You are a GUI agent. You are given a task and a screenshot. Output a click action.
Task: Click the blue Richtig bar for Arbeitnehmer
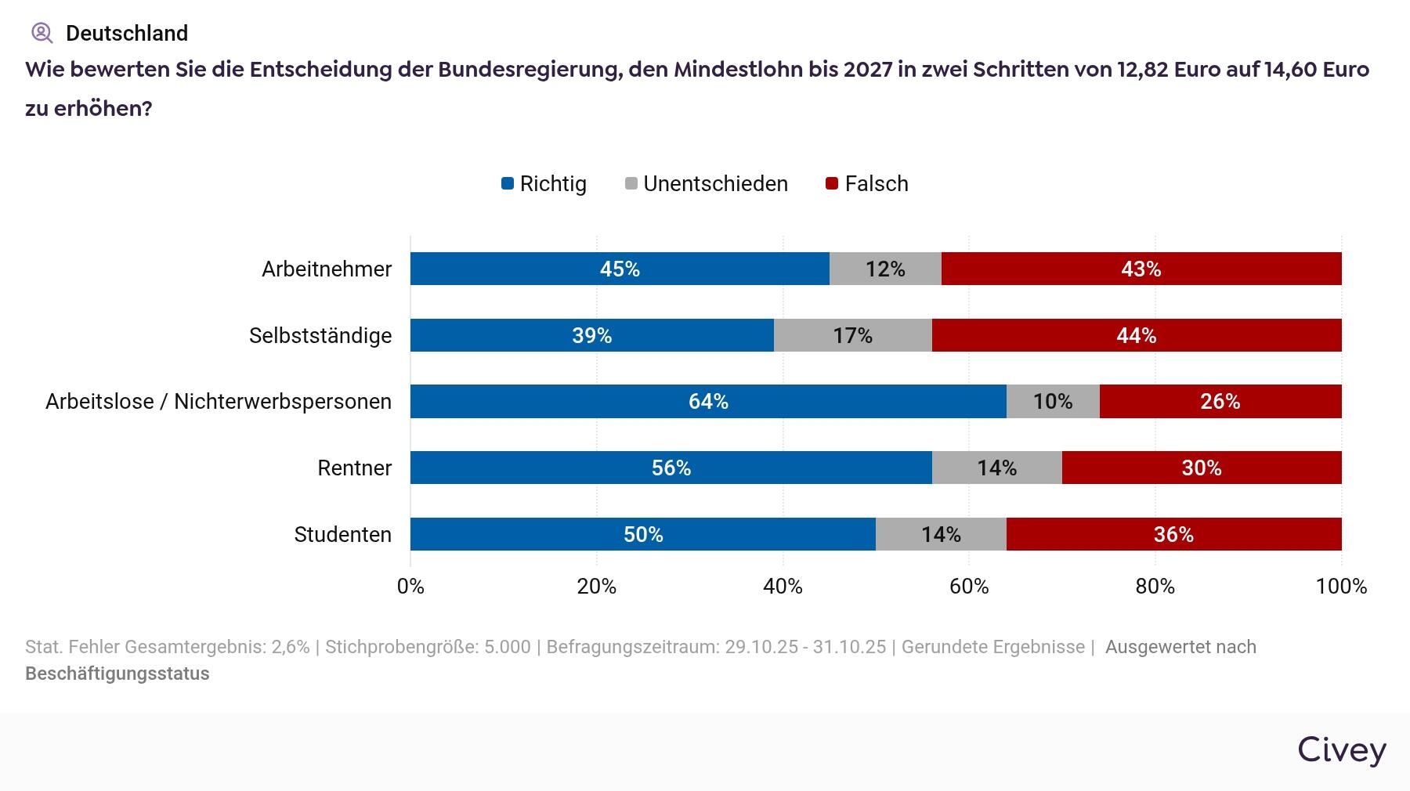619,269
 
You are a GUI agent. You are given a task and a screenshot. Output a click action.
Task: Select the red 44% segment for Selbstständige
1136,335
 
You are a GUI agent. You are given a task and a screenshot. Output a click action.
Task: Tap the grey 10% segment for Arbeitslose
1052,401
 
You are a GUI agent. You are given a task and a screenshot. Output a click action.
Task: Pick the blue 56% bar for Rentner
671,468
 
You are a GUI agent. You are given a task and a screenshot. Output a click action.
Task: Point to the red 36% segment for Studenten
1173,534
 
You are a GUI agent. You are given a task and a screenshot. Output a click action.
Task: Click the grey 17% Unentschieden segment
852,335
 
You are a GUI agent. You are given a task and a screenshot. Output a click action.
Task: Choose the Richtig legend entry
544,184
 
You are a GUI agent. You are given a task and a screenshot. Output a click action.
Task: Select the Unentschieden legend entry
706,184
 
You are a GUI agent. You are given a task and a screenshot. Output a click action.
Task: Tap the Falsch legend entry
867,184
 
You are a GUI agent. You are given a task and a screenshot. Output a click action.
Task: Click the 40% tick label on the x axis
783,587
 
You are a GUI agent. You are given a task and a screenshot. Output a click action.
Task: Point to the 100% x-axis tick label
1341,587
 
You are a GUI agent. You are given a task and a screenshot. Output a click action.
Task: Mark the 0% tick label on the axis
410,587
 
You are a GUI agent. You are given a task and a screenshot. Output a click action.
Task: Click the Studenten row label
342,534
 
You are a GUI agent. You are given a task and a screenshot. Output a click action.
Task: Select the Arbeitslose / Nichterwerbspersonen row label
218,401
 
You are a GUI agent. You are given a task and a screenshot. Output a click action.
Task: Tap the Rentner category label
354,468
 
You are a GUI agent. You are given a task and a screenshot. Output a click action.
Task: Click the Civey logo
1342,749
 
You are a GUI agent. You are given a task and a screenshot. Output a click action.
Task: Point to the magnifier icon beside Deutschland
42,33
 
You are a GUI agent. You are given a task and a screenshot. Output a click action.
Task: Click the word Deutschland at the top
127,33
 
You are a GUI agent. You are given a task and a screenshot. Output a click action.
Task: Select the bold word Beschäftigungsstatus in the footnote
117,674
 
